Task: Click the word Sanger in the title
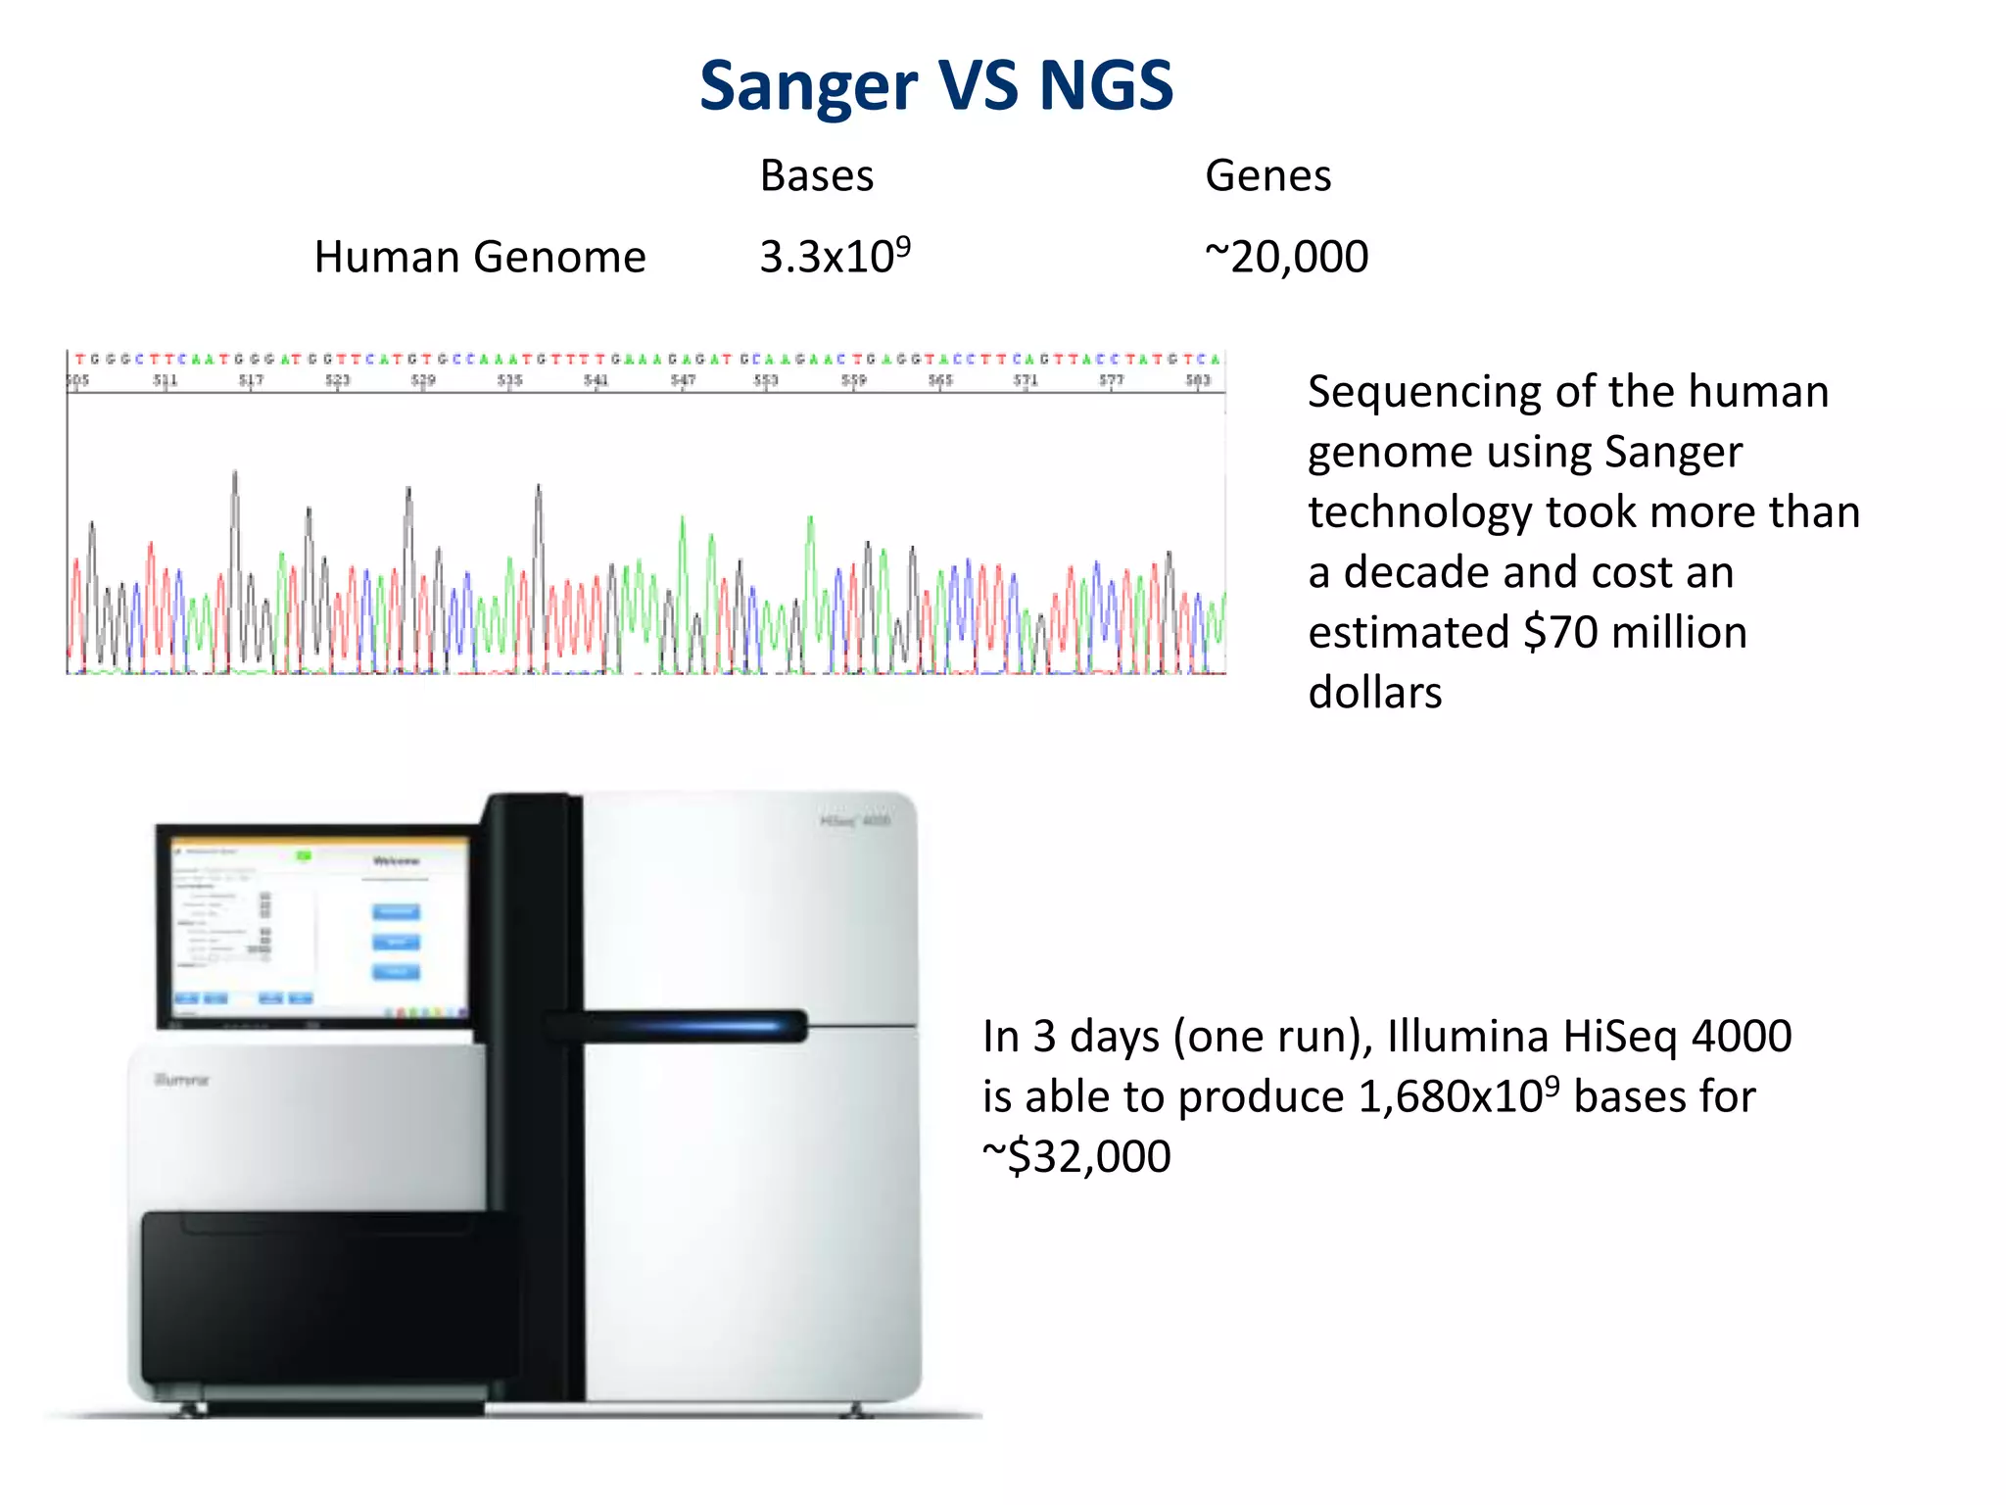[808, 86]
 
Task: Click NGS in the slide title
[1105, 86]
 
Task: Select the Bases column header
[817, 176]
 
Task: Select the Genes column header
[1267, 176]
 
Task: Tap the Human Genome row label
[480, 258]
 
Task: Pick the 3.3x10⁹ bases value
[835, 257]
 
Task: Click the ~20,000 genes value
[1286, 258]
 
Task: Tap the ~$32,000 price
[1076, 1157]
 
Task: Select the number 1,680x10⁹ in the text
[1458, 1096]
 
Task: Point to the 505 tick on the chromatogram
[77, 380]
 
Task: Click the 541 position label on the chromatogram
[596, 380]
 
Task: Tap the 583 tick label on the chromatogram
[1198, 380]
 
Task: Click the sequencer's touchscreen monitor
[315, 926]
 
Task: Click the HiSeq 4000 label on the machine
[855, 820]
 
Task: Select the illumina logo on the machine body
[182, 1080]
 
